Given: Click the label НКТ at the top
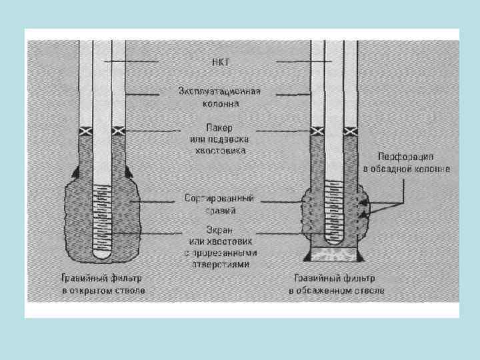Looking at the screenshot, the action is point(220,61).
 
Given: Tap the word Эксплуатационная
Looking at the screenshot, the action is point(219,91).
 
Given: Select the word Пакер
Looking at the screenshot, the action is point(220,127).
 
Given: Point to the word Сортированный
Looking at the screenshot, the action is point(219,199).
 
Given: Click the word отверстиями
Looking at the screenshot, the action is point(219,265).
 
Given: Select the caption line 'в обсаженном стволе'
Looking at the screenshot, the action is point(337,291).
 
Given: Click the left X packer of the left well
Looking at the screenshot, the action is point(85,131).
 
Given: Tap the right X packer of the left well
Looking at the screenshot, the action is point(119,131).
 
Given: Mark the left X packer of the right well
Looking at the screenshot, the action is point(317,131).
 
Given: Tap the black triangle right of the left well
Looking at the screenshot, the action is point(128,172).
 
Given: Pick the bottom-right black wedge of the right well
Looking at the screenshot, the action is point(360,257).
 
